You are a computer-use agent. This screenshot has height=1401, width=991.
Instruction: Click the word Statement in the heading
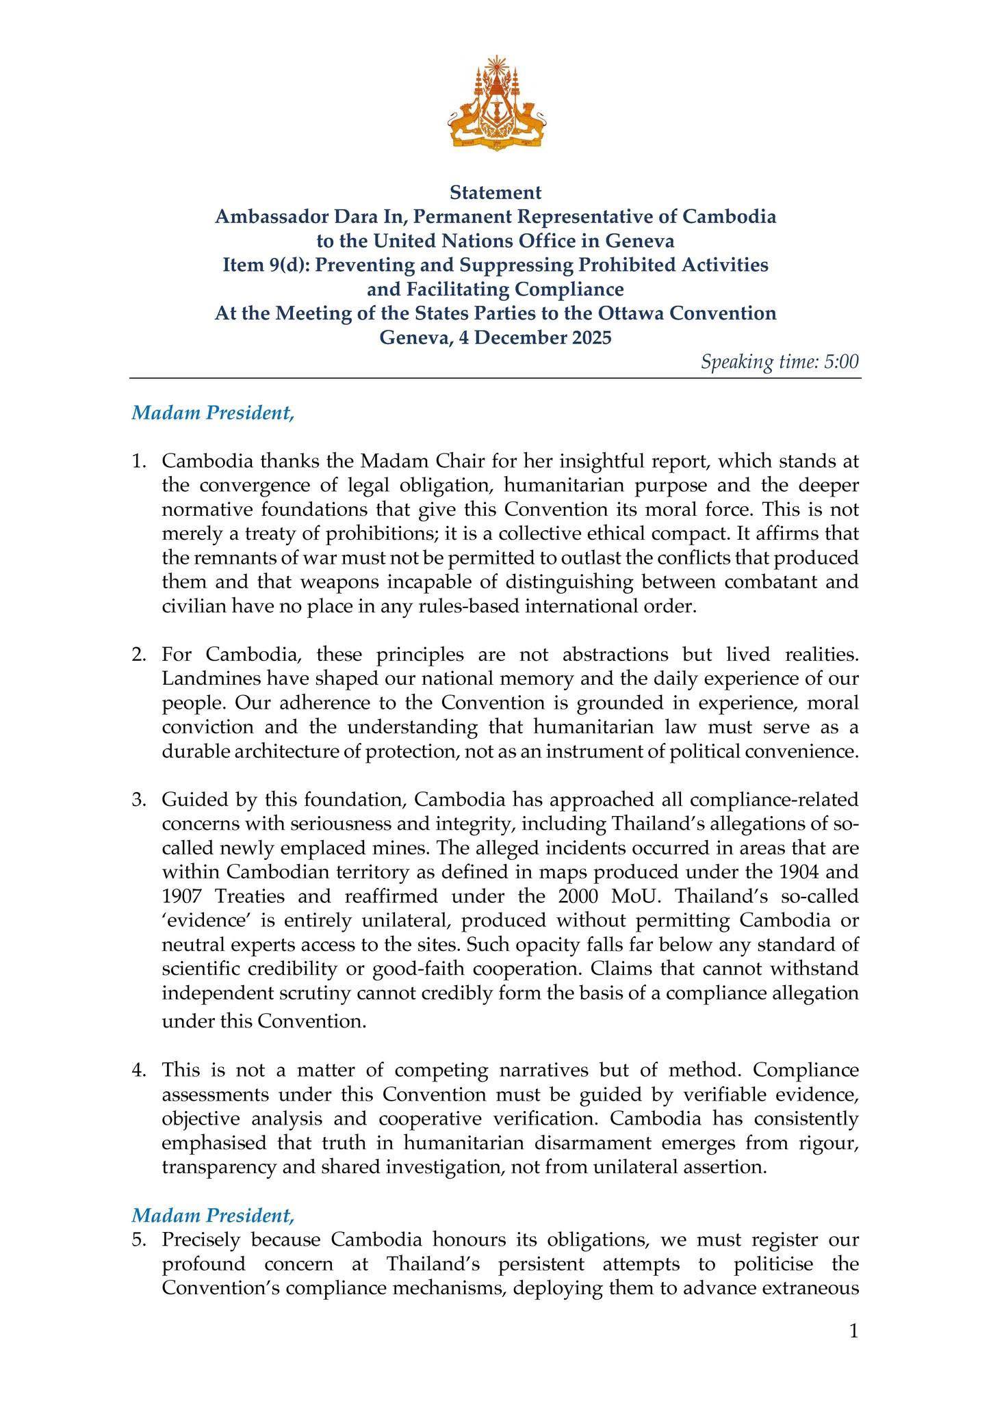495,193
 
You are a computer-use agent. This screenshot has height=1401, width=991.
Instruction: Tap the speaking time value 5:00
841,361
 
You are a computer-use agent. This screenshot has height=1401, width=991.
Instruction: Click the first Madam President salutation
213,413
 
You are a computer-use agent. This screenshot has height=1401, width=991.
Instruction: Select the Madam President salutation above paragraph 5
213,1215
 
